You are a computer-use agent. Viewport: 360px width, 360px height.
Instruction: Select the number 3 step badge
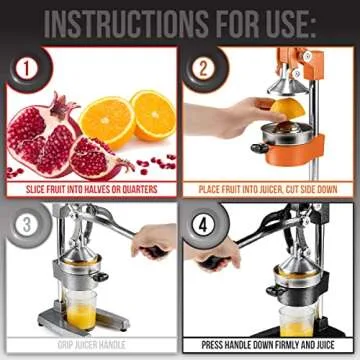[23, 223]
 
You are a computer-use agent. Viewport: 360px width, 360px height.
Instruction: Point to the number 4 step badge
[204, 223]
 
